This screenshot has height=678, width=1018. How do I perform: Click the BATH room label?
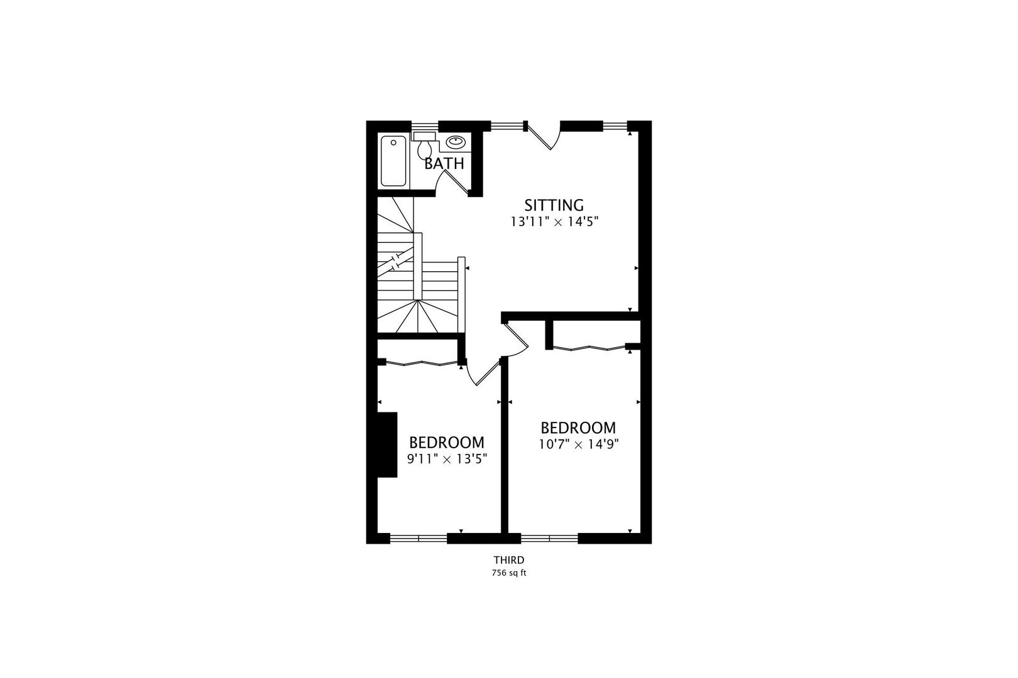click(444, 163)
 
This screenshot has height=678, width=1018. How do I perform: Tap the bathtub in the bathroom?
click(393, 161)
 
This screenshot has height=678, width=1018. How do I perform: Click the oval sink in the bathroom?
click(456, 142)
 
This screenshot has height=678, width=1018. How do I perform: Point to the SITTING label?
click(554, 205)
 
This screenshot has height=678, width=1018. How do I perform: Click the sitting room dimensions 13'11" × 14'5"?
click(554, 222)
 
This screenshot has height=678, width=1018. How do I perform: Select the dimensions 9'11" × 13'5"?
click(447, 459)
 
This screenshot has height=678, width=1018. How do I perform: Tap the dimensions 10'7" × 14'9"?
click(579, 444)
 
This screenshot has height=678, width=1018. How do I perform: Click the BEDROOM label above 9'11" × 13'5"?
click(447, 443)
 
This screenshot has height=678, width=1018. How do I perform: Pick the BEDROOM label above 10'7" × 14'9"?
click(578, 428)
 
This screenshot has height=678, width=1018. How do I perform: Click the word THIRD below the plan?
click(509, 560)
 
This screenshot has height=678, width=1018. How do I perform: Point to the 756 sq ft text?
click(509, 573)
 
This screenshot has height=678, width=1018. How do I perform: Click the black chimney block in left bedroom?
click(386, 444)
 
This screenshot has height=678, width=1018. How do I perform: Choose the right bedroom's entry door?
click(517, 338)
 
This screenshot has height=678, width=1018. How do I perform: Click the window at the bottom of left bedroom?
click(419, 539)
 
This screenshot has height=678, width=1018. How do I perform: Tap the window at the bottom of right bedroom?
click(549, 539)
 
